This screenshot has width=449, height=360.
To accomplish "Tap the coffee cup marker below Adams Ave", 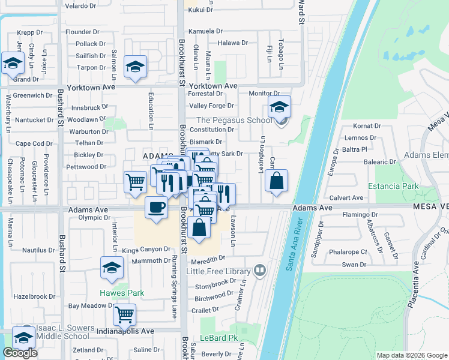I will [156, 208].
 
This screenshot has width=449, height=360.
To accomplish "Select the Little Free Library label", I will [218, 271].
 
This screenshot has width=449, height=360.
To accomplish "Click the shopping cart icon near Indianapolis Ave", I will [124, 314].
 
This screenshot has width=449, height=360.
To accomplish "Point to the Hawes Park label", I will [122, 293].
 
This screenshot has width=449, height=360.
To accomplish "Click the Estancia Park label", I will [393, 186].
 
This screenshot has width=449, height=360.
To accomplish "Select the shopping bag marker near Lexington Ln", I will [276, 181].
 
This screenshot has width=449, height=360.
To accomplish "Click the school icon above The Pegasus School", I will [279, 107].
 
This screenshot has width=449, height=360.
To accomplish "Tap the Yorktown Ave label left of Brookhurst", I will [91, 87].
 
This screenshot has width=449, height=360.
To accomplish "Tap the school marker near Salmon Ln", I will [136, 67].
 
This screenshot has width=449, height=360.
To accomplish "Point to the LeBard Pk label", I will [219, 338].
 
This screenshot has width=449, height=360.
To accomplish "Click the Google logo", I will [20, 353].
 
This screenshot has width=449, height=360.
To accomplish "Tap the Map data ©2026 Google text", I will [411, 355].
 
